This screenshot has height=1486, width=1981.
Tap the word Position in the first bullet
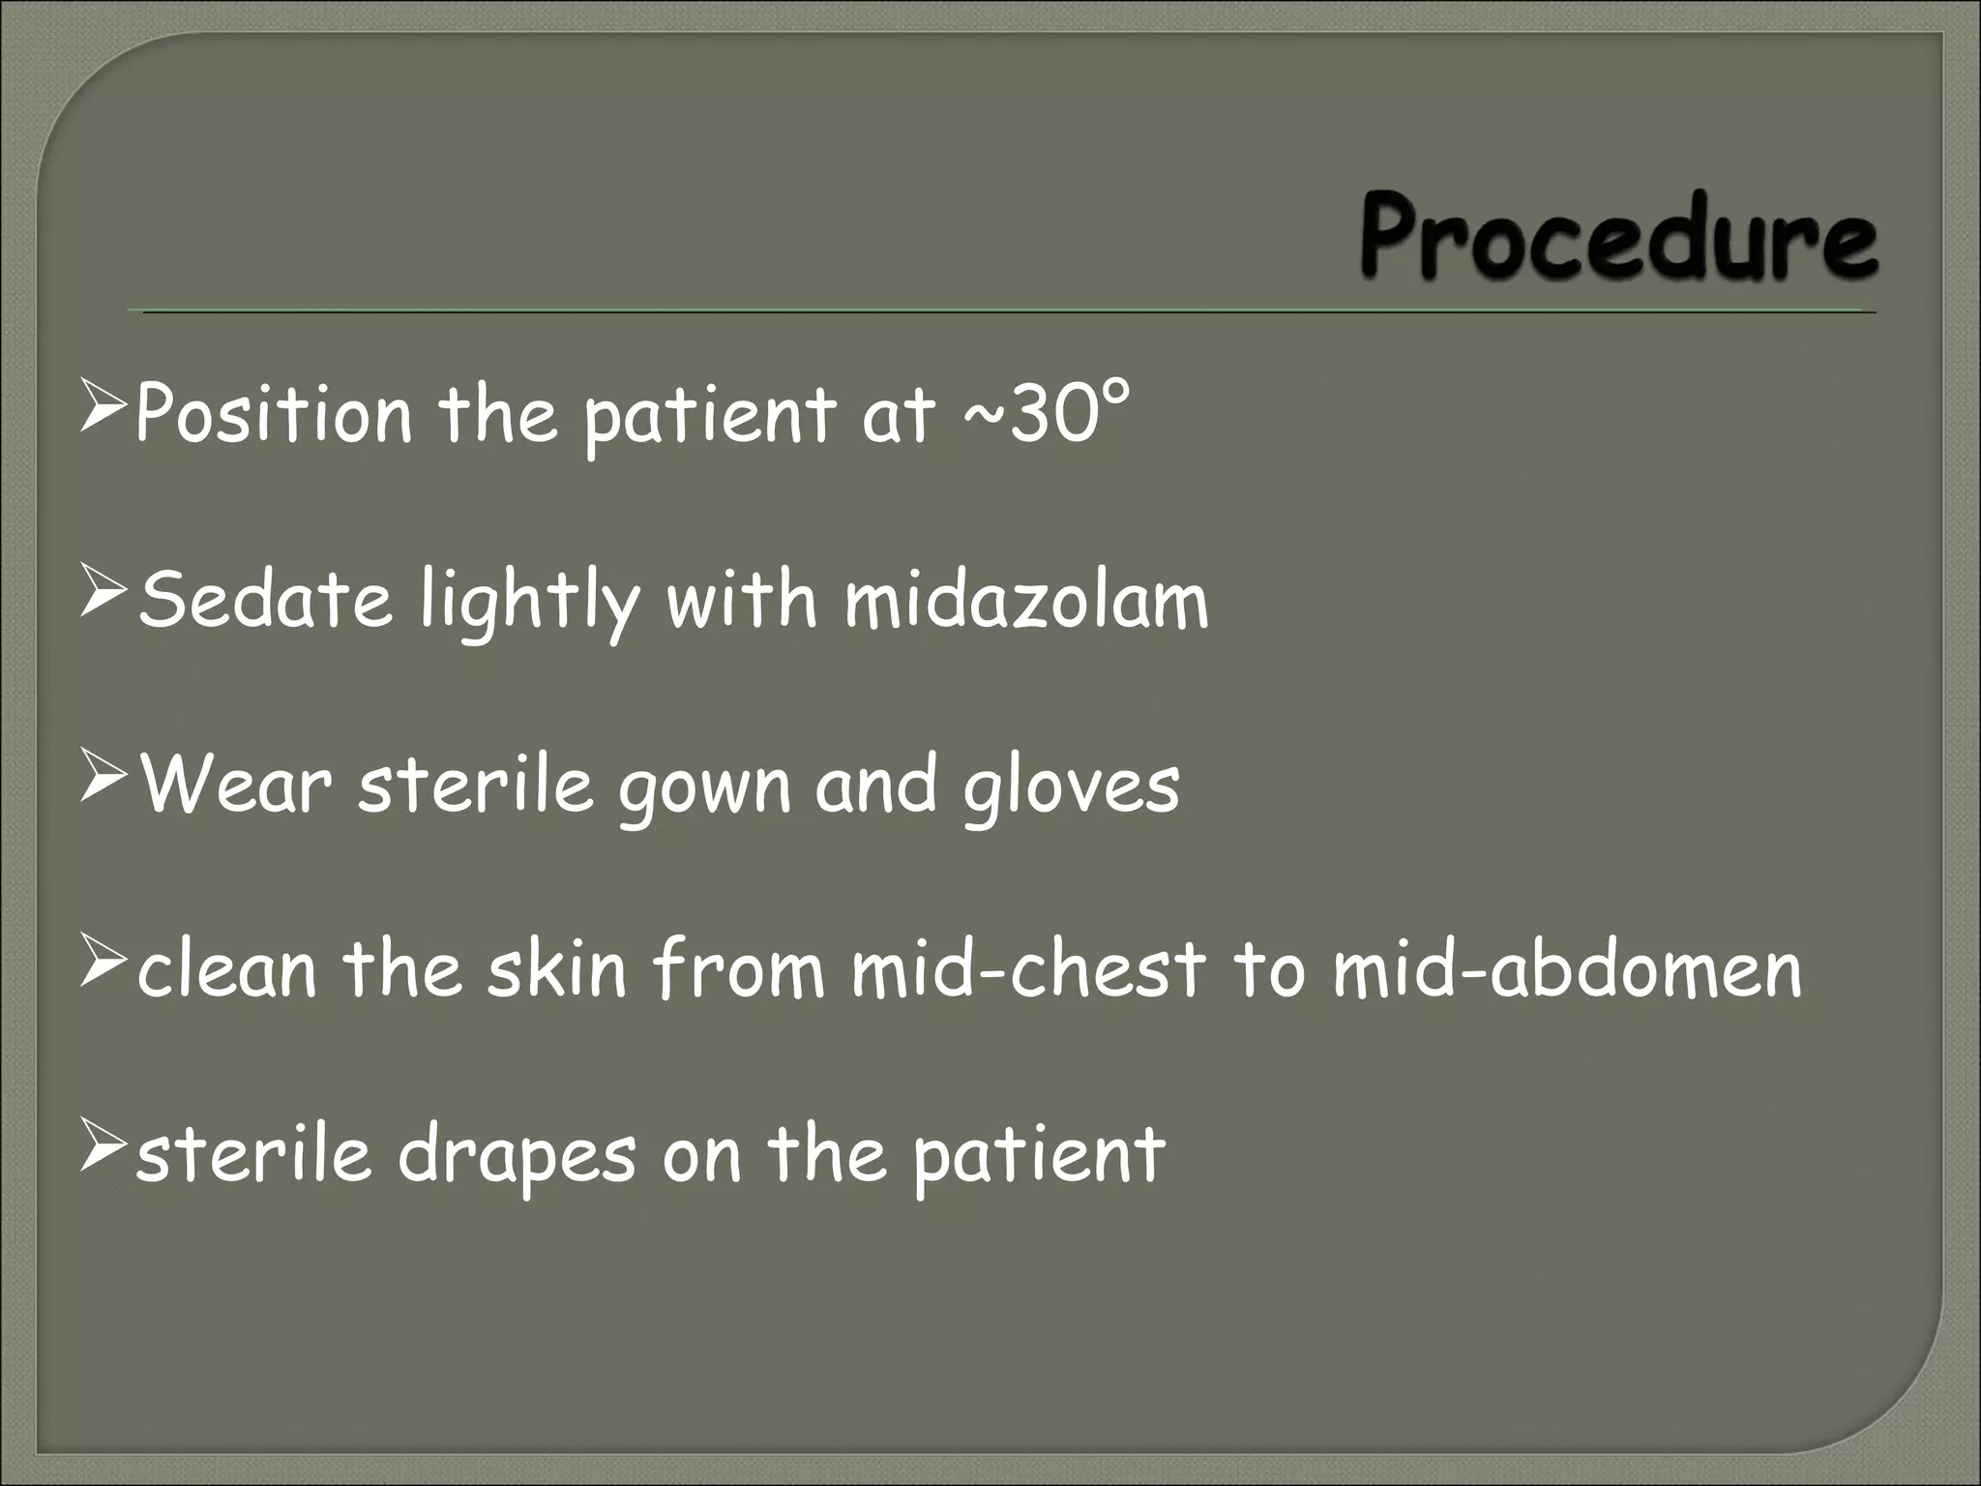click(274, 414)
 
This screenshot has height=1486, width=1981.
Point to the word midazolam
click(1026, 600)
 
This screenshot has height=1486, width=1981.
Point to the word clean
click(227, 971)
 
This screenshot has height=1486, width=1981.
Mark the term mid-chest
click(1028, 969)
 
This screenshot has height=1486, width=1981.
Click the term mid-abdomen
click(1567, 969)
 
